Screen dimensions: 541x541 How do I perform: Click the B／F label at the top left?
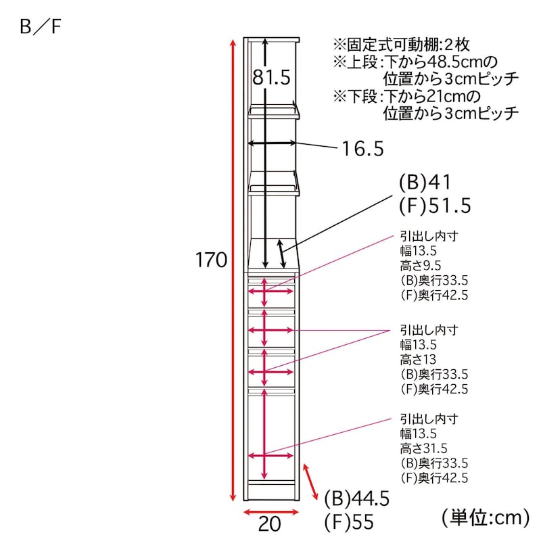point(41,26)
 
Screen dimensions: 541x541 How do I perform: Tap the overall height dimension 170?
point(211,260)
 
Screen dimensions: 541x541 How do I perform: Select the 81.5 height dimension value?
point(271,77)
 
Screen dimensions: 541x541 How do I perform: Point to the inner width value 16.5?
point(362,149)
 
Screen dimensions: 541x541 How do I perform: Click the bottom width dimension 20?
point(269,524)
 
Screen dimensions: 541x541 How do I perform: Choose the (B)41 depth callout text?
point(425,182)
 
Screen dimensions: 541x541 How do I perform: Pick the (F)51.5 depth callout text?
point(435,206)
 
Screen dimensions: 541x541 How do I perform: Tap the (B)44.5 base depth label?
point(357,499)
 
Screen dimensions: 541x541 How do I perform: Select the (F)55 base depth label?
point(349,522)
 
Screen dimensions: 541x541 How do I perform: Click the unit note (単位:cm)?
point(486,518)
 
